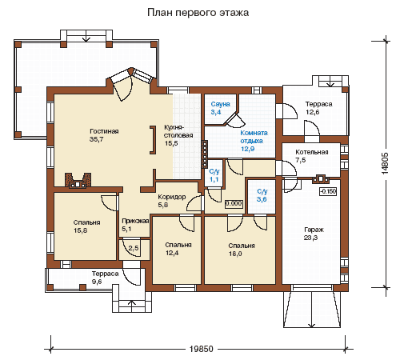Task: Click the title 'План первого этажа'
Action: click(x=198, y=13)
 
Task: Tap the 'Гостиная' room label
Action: click(x=104, y=131)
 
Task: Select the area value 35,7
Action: click(x=97, y=139)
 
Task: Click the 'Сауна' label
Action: click(x=220, y=104)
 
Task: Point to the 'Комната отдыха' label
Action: click(x=254, y=137)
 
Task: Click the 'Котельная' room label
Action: click(x=312, y=152)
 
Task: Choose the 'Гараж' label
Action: click(x=314, y=230)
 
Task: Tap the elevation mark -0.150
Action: click(x=328, y=191)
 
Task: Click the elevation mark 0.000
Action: click(x=234, y=204)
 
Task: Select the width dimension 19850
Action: click(x=202, y=349)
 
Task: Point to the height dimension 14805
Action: click(x=385, y=163)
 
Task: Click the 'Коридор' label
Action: click(x=172, y=197)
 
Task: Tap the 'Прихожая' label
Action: click(x=135, y=221)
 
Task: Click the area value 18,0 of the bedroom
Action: click(x=235, y=254)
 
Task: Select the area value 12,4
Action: click(x=172, y=253)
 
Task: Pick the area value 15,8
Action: click(x=81, y=230)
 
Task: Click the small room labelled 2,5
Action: click(x=134, y=248)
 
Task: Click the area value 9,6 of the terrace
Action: click(x=97, y=282)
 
